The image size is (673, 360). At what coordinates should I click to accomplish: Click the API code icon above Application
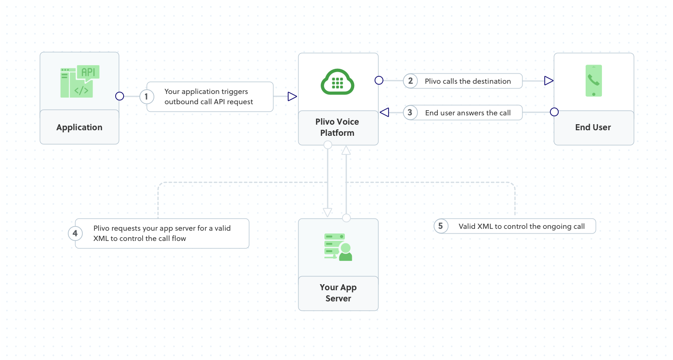(80, 81)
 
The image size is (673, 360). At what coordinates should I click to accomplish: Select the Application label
(79, 127)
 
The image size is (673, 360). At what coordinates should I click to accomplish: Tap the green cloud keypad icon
(338, 82)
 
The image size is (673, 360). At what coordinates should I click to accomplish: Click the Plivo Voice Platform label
(337, 127)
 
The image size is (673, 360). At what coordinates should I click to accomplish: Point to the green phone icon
(594, 81)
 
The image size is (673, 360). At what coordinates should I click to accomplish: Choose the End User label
(593, 127)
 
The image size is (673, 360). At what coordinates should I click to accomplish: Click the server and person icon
(338, 247)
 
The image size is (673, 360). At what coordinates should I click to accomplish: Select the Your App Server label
(338, 293)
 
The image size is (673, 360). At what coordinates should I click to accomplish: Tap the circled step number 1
(146, 97)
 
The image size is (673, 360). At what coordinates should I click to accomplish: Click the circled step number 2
(410, 81)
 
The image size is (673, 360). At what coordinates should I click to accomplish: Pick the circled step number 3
(410, 113)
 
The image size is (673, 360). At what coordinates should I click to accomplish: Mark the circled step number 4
(75, 233)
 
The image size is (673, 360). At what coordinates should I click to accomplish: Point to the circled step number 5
(441, 227)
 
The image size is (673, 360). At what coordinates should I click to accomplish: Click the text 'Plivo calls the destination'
(468, 81)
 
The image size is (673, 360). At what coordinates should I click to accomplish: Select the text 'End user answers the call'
(468, 113)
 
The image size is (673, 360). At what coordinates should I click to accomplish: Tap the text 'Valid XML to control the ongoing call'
(521, 227)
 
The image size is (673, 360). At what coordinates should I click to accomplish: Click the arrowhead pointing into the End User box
(549, 81)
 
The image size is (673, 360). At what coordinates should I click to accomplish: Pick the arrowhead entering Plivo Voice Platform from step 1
(292, 97)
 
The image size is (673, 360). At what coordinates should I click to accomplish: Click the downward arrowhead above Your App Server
(328, 212)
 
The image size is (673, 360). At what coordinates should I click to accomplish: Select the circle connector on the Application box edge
(119, 96)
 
